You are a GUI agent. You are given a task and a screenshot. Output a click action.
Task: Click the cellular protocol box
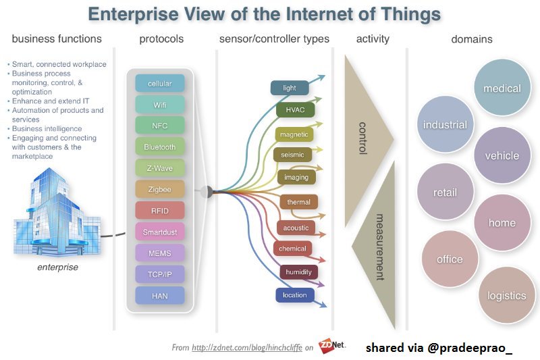pos(159,84)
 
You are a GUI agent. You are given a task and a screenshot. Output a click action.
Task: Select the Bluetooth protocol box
pos(159,147)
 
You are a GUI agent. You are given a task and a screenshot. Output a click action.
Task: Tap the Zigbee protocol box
pos(159,190)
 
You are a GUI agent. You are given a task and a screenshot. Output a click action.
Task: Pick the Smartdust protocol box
pos(159,232)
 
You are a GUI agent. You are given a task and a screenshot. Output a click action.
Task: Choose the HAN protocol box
pos(159,295)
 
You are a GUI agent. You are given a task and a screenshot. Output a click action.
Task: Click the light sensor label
pos(290,88)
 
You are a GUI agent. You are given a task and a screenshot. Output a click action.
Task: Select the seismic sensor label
pos(293,155)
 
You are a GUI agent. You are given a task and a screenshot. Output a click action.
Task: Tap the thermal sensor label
pos(298,202)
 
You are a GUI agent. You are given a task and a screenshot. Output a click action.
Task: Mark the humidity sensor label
pos(298,272)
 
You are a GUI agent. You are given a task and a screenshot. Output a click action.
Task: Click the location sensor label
pos(294,295)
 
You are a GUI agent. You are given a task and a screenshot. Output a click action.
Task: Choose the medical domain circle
pos(502,88)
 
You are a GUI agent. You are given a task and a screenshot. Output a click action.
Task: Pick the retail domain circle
pos(445,192)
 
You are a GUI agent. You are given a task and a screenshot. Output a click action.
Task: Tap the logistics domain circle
pos(506,296)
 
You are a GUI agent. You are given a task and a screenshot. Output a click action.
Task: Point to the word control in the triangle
pos(362,138)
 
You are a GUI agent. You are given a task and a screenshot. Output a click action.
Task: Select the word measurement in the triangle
pos(379,247)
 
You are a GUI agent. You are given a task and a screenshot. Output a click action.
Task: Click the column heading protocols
pos(161,39)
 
